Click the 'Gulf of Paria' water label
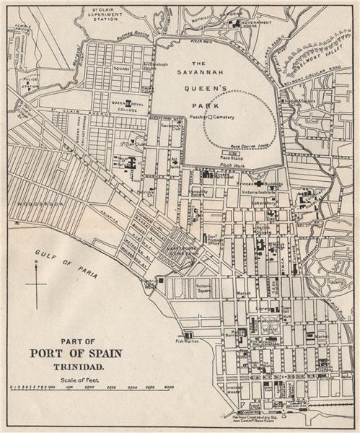tap(61, 258)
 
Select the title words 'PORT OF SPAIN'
tap(76, 354)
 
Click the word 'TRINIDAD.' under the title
tap(76, 367)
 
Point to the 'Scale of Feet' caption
tap(76, 379)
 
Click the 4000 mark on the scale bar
tap(168, 388)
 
